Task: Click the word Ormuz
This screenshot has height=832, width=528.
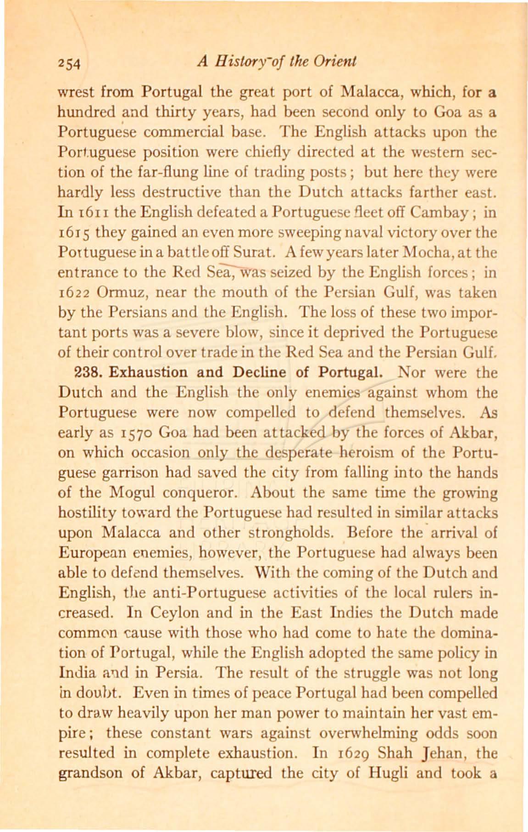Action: (x=115, y=292)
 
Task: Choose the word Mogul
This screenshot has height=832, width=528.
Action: (x=128, y=493)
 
